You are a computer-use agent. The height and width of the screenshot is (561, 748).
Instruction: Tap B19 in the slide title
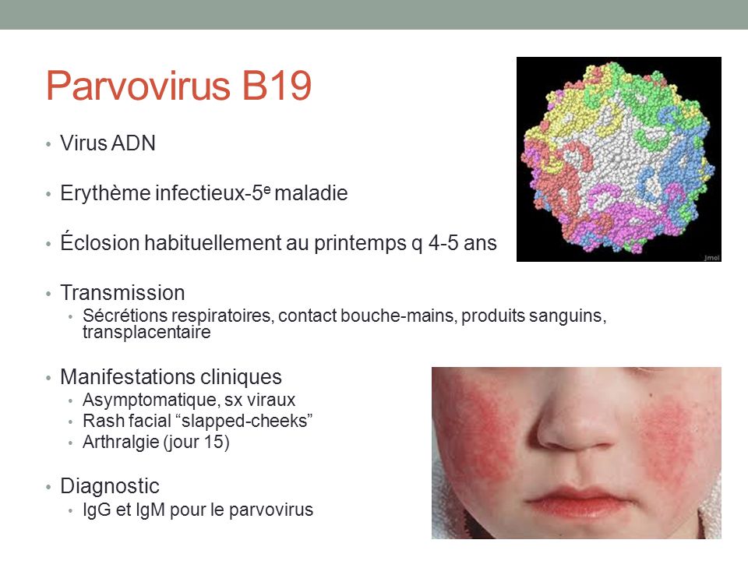click(277, 86)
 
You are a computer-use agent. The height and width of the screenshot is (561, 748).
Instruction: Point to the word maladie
click(311, 193)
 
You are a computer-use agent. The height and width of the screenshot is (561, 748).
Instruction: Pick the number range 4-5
click(443, 243)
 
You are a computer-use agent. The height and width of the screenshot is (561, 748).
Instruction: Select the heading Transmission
click(122, 293)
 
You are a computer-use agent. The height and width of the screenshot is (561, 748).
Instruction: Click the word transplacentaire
click(146, 332)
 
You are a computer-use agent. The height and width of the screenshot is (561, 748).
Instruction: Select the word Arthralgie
click(121, 443)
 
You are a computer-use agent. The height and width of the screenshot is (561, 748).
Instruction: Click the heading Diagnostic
click(110, 486)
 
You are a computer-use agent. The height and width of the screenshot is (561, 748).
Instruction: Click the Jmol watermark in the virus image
click(711, 258)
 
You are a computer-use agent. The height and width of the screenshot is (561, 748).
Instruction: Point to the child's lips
click(577, 501)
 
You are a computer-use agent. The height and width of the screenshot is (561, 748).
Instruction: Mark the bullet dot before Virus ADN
click(48, 144)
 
